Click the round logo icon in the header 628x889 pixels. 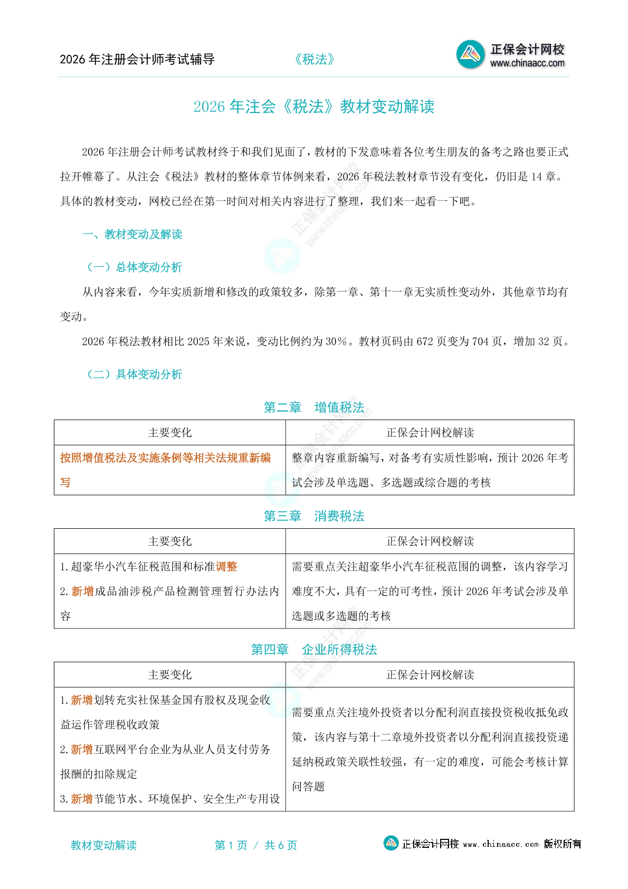(x=470, y=54)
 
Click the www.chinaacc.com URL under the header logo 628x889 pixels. (x=527, y=63)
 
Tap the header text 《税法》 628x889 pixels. (x=315, y=59)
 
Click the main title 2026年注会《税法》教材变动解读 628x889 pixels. (x=314, y=107)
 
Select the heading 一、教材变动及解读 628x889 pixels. (x=132, y=235)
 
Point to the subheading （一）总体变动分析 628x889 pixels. (x=134, y=267)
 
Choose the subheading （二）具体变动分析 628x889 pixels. (x=134, y=375)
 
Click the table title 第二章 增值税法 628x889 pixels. (x=314, y=407)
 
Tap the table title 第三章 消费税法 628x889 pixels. (x=314, y=516)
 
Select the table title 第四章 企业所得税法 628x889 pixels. (x=314, y=650)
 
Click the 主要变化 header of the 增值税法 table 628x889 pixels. (x=170, y=433)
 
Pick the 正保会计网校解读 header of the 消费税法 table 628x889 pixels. (x=430, y=541)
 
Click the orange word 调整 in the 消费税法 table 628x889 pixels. (x=226, y=567)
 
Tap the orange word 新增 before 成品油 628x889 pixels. (x=82, y=592)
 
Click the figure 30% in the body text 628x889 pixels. (x=336, y=342)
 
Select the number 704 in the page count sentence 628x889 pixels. (x=480, y=342)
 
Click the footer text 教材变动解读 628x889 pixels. (x=103, y=845)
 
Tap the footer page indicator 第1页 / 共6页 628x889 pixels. (x=256, y=845)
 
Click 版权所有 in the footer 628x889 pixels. (x=563, y=844)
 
